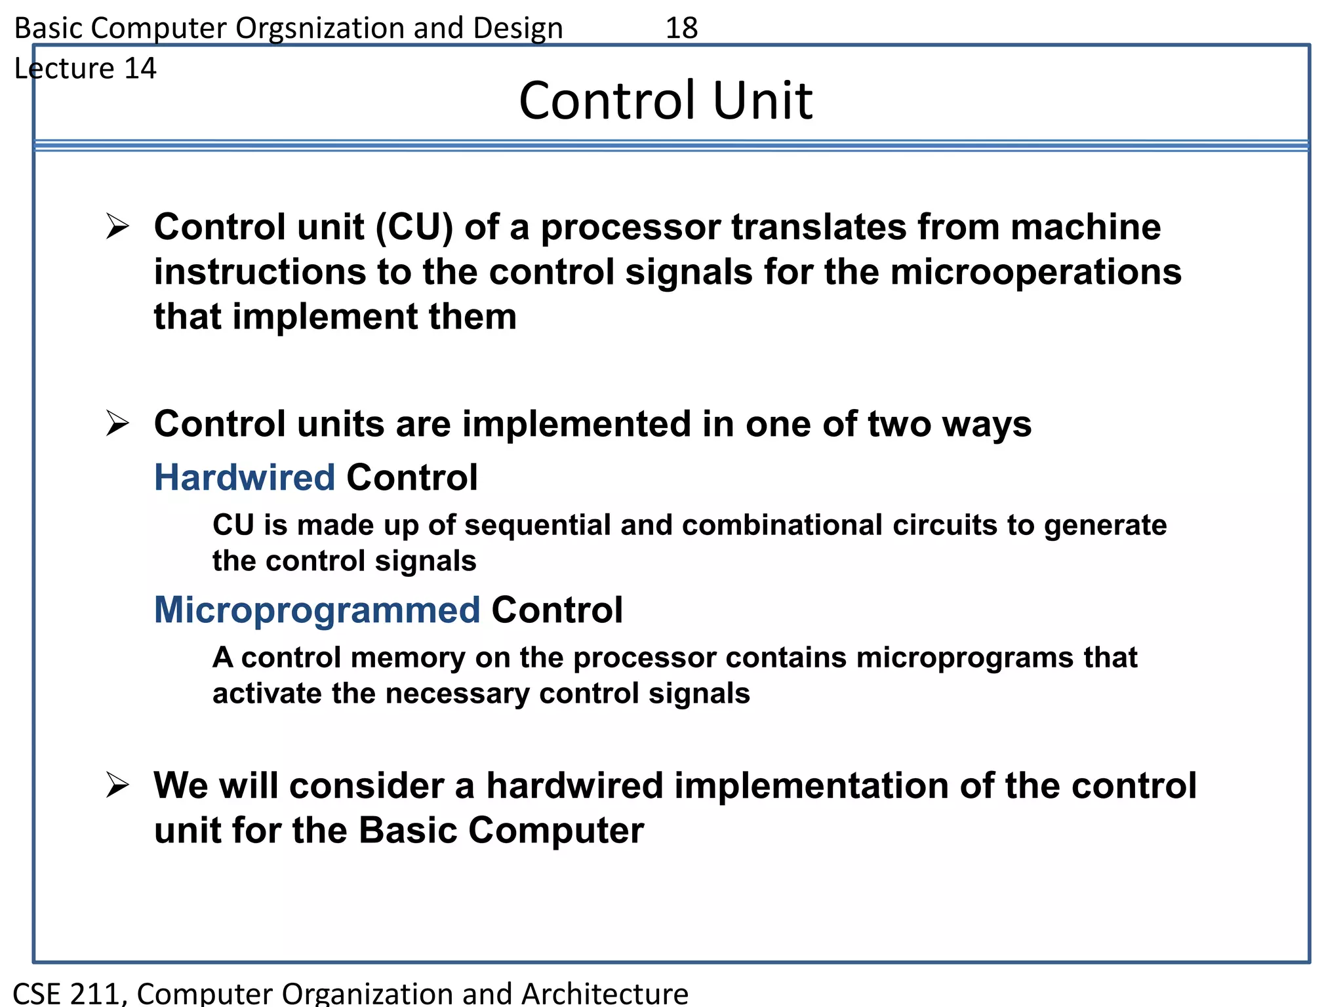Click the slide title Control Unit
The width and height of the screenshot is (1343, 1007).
pos(665,100)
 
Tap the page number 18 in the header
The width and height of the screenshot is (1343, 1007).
pos(681,28)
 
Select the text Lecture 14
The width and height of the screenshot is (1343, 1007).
pos(85,68)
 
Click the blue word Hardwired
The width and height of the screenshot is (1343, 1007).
pos(244,477)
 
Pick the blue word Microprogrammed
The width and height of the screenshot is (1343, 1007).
pos(317,610)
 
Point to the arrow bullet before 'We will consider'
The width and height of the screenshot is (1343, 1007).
pos(117,785)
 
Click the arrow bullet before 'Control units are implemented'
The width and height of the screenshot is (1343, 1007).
pos(117,423)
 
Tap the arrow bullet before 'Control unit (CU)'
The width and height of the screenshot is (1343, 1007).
pos(117,226)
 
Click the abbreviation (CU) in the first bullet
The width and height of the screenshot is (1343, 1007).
pos(414,227)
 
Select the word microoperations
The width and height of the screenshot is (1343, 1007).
pos(1035,272)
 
